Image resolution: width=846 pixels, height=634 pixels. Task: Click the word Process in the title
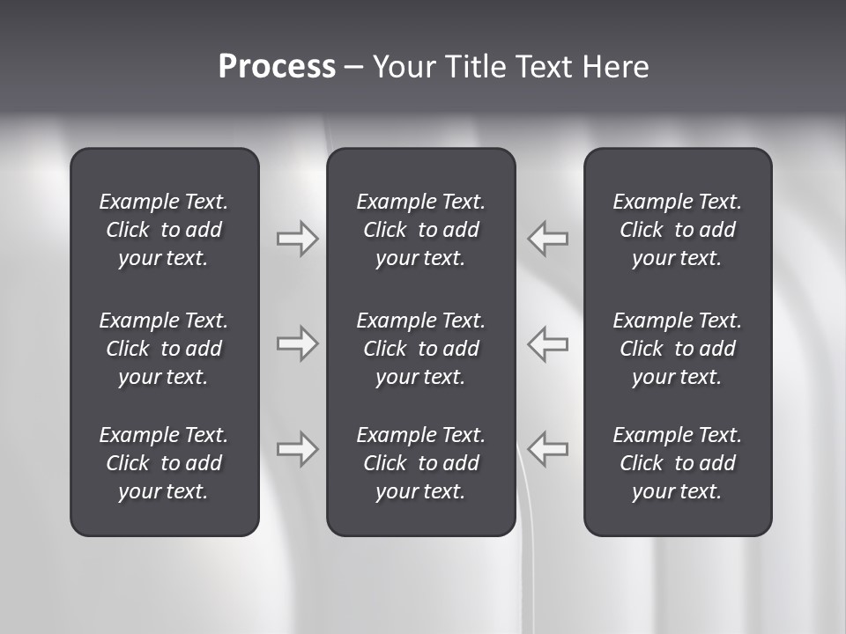click(x=277, y=67)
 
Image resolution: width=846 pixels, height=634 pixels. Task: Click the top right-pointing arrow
click(x=297, y=239)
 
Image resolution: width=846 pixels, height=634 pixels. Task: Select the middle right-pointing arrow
click(x=297, y=343)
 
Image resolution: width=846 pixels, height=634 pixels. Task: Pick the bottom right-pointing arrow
click(x=297, y=449)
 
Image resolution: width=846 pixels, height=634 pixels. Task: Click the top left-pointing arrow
click(x=548, y=239)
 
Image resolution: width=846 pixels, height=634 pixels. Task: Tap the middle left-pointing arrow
click(x=548, y=343)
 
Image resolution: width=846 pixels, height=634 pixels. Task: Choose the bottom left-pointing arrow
click(x=548, y=449)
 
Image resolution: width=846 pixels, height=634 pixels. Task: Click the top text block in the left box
click(x=164, y=230)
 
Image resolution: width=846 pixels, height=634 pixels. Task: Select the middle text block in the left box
click(x=164, y=349)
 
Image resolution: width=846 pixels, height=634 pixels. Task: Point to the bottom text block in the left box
click(x=164, y=463)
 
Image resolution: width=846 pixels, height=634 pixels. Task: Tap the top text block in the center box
click(x=420, y=230)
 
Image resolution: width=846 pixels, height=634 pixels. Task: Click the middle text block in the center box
click(x=420, y=349)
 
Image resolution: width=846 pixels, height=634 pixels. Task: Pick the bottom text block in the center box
click(x=420, y=463)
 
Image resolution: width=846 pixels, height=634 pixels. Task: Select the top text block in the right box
click(x=677, y=230)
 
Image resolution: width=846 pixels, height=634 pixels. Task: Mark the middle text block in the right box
click(x=677, y=349)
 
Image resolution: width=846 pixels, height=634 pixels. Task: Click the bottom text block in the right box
click(x=677, y=463)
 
